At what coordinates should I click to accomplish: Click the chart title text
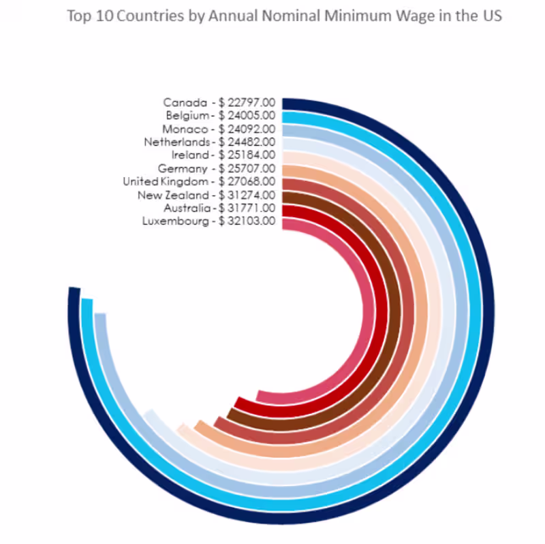coord(284,16)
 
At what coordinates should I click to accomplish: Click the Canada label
coord(185,103)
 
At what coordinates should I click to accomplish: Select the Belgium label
coord(187,116)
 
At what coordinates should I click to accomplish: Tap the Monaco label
coord(185,129)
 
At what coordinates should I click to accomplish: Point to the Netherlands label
coord(176,142)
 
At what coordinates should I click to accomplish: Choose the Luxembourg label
coord(175,221)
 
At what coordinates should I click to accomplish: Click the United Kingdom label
coord(166,181)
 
